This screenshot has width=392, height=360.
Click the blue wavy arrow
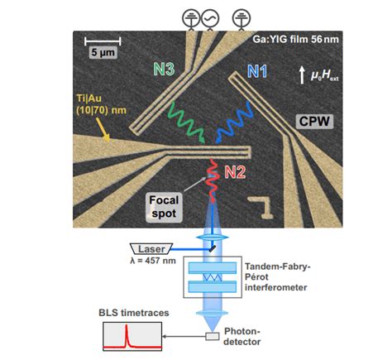[x=239, y=119]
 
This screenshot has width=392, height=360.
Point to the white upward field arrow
[x=301, y=75]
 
